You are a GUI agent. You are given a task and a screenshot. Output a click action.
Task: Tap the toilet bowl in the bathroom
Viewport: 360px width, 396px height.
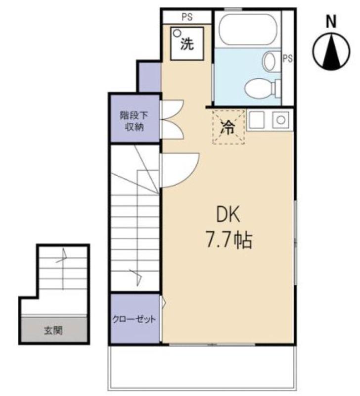260,89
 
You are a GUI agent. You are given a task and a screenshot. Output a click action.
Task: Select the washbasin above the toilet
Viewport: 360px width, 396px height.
269,61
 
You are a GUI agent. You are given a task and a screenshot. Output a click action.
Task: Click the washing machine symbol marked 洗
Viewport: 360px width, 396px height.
187,44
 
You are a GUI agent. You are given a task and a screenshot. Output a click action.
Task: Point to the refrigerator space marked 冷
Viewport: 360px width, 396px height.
228,127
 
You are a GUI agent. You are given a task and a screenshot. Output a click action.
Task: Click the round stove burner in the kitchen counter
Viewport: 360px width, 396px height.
281,120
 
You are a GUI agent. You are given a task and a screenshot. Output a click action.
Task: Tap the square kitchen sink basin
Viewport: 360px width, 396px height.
256,119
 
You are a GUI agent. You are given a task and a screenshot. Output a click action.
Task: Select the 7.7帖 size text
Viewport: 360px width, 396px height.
229,240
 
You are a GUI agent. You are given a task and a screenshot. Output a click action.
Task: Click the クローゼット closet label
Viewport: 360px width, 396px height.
134,319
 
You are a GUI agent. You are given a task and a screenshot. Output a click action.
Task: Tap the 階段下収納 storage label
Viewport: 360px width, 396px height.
134,121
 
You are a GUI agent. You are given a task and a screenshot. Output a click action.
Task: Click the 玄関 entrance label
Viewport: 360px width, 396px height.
53,330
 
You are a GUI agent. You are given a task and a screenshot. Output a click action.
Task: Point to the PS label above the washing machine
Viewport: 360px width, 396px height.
187,17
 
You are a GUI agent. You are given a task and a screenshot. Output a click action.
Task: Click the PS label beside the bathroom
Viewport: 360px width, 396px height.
287,58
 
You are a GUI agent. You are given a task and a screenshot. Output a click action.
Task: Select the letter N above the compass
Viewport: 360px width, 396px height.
331,21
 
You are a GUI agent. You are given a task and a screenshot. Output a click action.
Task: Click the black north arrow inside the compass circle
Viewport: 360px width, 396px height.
331,52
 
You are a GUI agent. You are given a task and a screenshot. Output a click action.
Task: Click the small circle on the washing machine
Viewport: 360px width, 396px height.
178,33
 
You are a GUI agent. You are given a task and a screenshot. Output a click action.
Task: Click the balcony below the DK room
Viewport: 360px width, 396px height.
202,368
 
